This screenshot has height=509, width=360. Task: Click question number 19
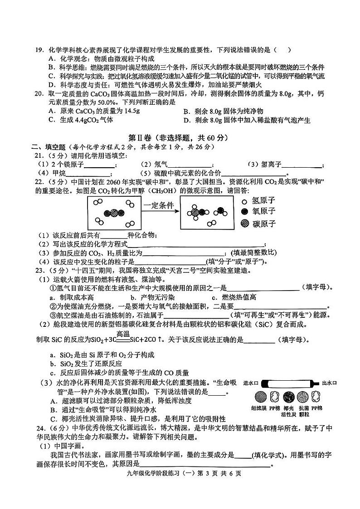pyautogui.click(x=40, y=50)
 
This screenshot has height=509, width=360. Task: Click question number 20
pyautogui.click(x=40, y=94)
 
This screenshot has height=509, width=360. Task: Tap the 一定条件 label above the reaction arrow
pyautogui.click(x=159, y=205)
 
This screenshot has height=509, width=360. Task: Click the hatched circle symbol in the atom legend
pyautogui.click(x=244, y=223)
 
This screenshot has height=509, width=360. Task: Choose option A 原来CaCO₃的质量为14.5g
pyautogui.click(x=81, y=111)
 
